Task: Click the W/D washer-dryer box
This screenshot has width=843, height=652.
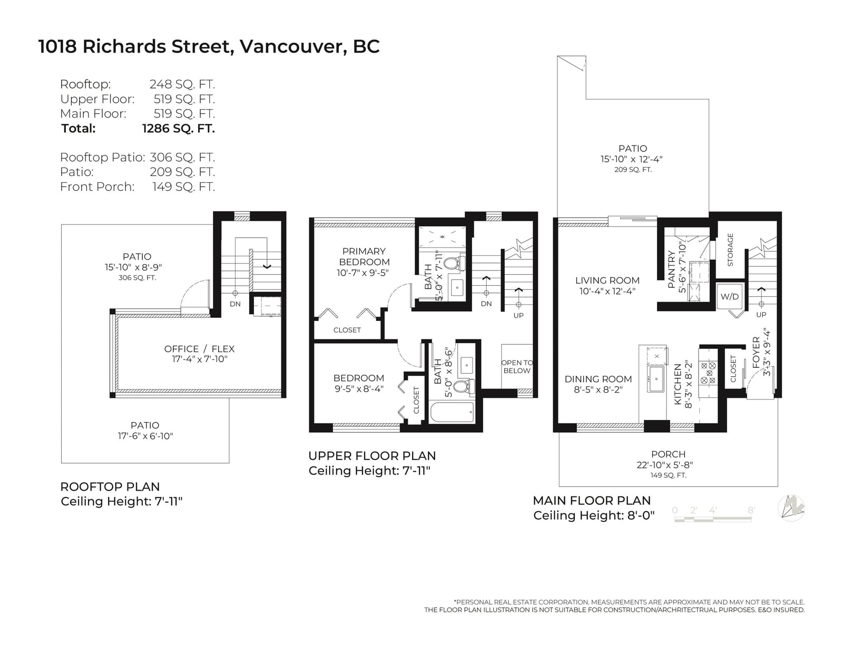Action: [729, 297]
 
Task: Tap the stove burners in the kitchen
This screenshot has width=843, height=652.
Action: [708, 373]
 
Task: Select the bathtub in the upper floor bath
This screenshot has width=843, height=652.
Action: [452, 412]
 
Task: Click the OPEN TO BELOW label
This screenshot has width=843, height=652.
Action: [517, 367]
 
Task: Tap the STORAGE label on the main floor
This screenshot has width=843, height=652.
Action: [730, 249]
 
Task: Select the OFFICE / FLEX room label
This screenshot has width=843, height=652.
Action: [199, 349]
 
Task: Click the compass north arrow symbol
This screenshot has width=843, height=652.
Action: [791, 508]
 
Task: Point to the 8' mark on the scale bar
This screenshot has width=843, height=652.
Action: [751, 510]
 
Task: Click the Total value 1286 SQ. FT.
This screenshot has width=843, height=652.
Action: [179, 129]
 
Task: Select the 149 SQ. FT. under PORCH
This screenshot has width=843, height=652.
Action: [668, 475]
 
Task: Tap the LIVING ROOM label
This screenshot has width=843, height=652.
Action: [607, 280]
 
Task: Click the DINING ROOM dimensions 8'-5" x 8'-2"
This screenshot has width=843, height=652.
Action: [598, 390]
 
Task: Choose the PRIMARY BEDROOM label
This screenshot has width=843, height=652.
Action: [364, 257]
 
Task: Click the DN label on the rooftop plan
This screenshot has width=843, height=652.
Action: [235, 304]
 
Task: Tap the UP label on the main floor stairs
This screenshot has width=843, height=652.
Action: [761, 315]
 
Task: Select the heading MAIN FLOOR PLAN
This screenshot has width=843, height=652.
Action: [592, 501]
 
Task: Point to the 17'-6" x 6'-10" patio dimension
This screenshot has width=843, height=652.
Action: [145, 436]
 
